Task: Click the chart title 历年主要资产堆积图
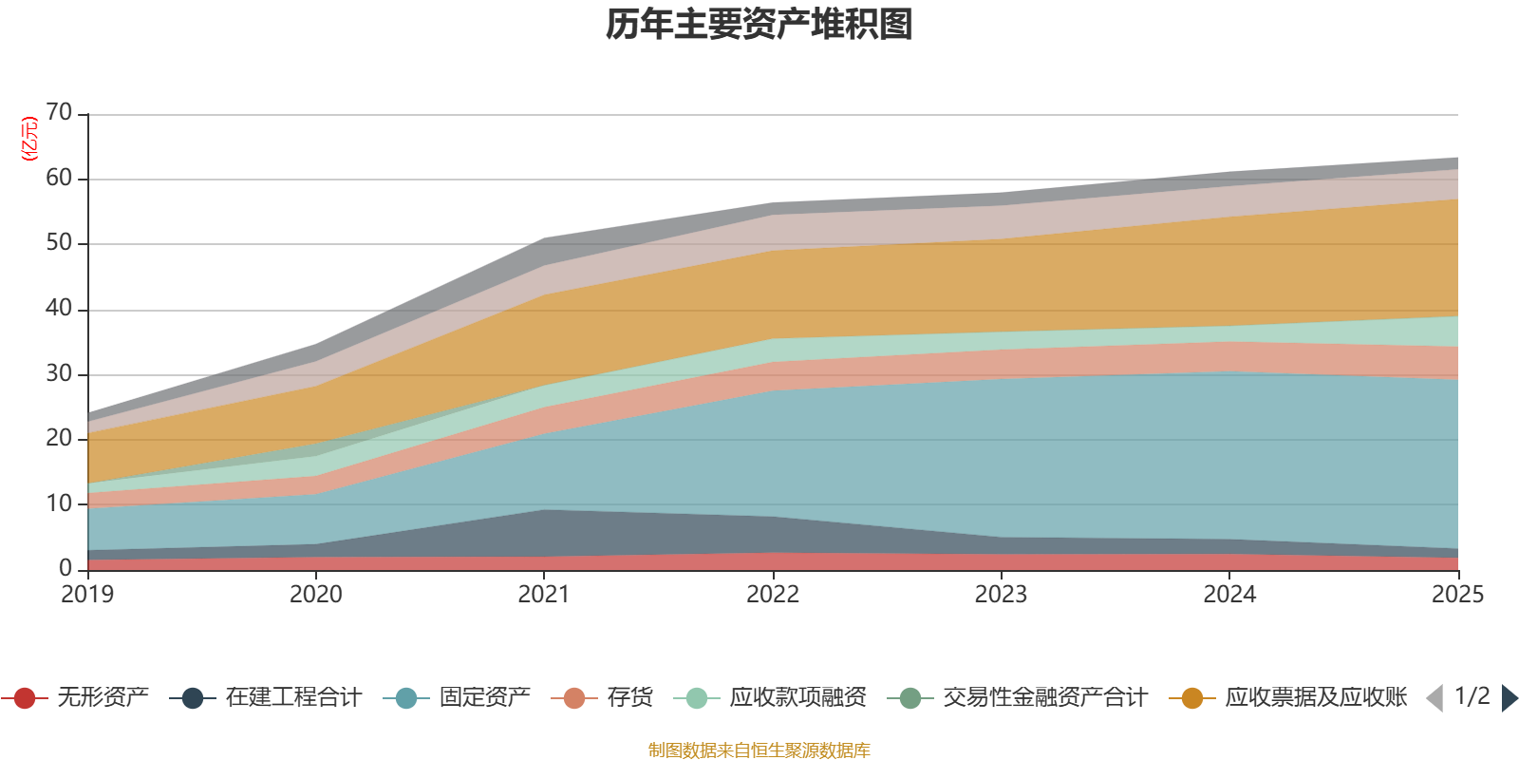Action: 759,26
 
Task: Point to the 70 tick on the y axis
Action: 59,113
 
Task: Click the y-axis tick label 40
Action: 59,309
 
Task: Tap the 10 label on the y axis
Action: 59,503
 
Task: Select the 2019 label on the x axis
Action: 87,595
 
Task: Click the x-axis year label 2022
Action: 773,595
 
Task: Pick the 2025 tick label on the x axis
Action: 1456,595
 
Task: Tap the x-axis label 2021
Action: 543,595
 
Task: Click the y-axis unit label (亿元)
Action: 29,139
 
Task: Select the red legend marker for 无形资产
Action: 25,698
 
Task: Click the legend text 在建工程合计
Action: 293,698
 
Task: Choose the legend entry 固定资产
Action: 484,698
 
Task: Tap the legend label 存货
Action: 629,698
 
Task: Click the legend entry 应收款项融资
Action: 797,698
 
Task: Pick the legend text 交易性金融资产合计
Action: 1044,698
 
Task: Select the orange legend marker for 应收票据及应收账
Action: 1191,698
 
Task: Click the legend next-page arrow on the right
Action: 1510,698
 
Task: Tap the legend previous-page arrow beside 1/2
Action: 1435,698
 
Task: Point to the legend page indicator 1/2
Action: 1472,696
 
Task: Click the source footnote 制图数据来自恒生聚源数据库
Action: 759,750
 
